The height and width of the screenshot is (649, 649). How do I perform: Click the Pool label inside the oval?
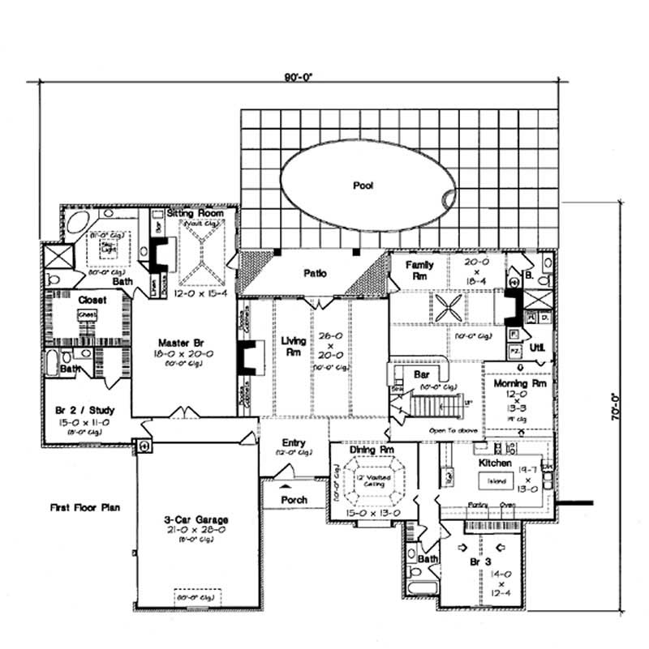tap(363, 186)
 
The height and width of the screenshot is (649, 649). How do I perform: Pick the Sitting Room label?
tap(190, 213)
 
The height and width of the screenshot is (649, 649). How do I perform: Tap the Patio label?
tap(315, 273)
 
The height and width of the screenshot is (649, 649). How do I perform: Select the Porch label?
tap(294, 500)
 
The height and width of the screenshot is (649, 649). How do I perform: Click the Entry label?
tap(293, 442)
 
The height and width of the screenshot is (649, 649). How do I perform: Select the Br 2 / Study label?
tap(80, 411)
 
